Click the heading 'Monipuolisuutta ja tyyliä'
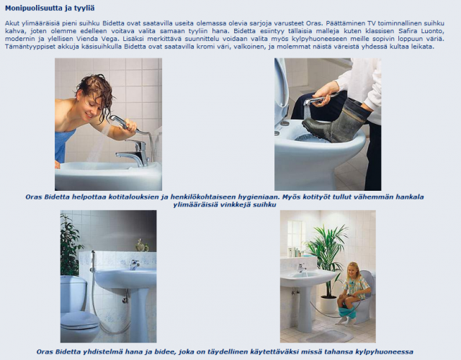[50, 8]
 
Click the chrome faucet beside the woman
[137, 151]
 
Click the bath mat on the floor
[328, 335]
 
